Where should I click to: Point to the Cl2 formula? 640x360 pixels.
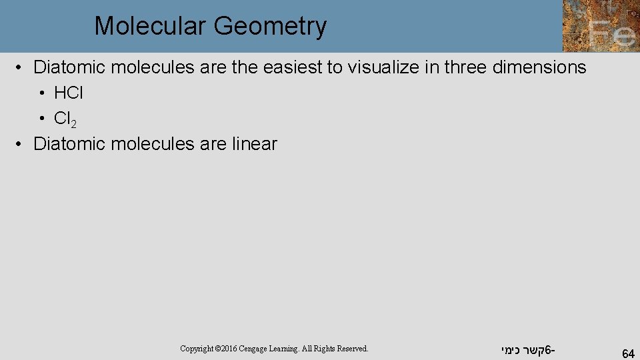click(65, 119)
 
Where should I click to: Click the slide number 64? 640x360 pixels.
click(627, 354)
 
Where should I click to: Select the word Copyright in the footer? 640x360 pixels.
click(197, 349)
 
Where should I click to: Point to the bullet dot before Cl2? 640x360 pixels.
click(42, 118)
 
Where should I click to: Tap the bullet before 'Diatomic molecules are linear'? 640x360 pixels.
click(21, 143)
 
